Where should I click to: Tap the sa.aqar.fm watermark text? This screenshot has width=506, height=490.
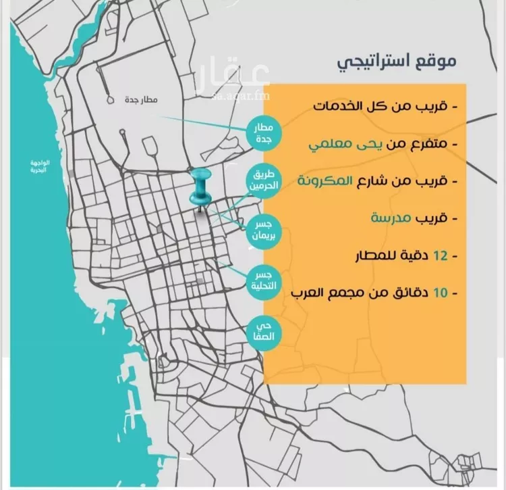[242, 97]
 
